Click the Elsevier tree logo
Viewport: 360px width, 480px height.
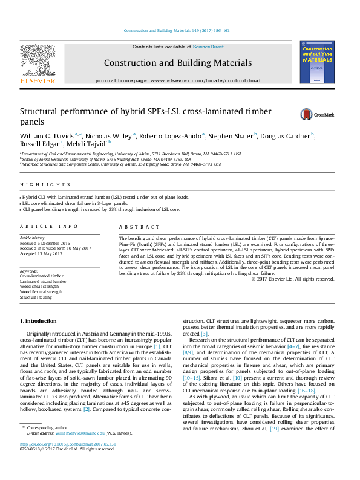point(38,63)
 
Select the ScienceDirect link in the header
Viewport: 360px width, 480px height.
point(208,47)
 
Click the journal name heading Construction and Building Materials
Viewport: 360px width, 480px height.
point(177,63)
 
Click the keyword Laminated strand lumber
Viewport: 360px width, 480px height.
point(43,281)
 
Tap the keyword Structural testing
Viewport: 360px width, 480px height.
point(36,297)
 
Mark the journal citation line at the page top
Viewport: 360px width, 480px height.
point(177,30)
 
